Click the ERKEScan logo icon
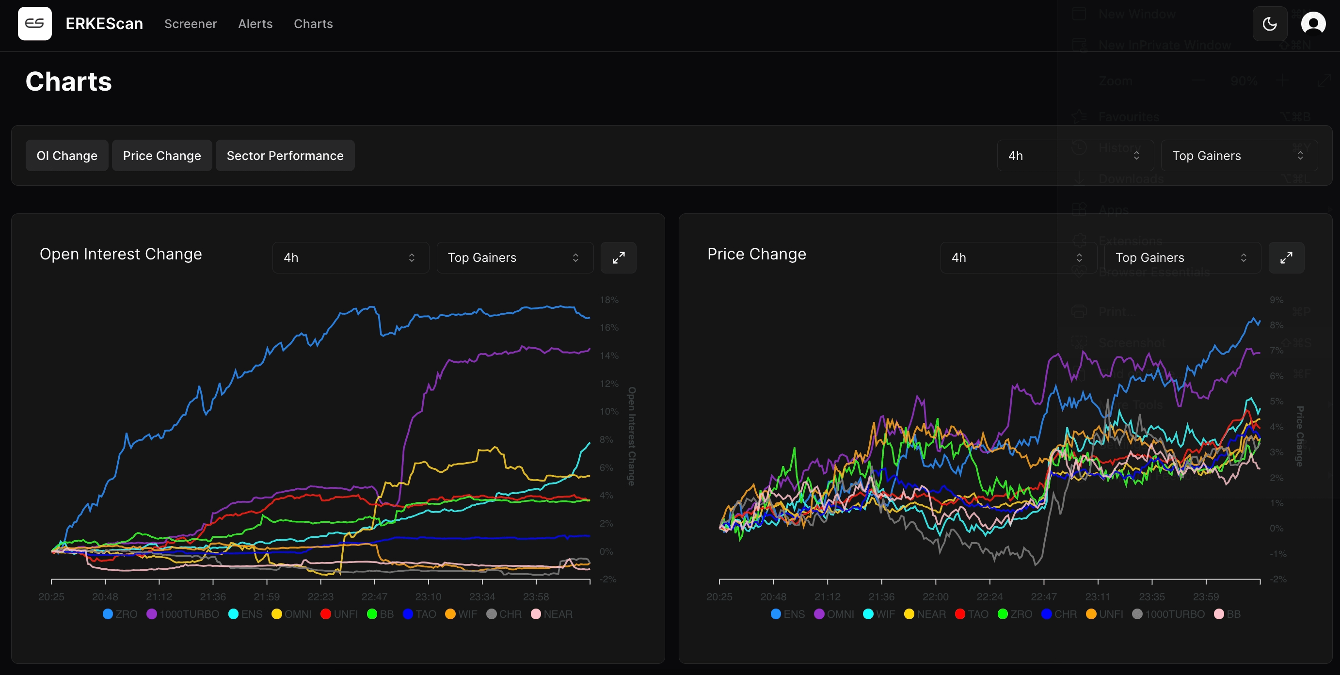coord(34,23)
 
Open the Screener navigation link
coord(191,24)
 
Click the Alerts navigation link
coord(255,24)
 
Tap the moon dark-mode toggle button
coord(1269,24)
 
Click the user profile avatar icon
coord(1312,24)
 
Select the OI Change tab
coord(66,156)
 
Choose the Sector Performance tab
coord(285,156)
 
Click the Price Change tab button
coord(162,156)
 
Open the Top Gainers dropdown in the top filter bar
coord(1239,156)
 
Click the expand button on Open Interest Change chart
coord(618,257)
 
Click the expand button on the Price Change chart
coord(1286,257)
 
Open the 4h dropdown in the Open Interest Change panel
coord(350,257)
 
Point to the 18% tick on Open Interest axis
coord(608,300)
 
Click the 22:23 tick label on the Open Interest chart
coord(320,596)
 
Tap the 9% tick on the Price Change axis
coord(1276,300)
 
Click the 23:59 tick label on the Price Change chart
coord(1205,596)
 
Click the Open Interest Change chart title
coord(121,254)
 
